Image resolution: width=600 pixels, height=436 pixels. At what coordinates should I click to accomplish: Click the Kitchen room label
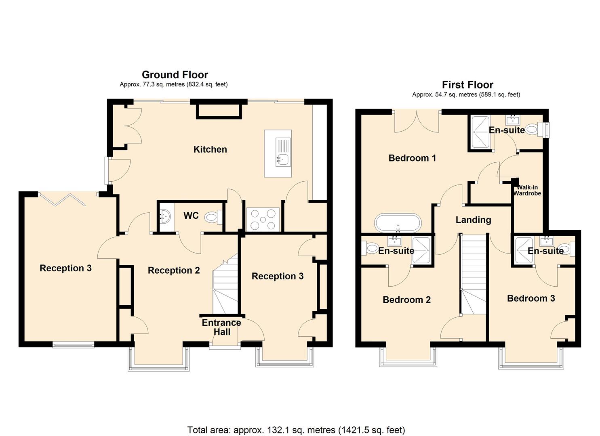tap(210, 149)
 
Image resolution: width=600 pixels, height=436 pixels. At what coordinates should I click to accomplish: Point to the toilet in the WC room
tap(213, 218)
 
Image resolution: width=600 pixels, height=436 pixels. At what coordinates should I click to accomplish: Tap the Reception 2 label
tap(174, 270)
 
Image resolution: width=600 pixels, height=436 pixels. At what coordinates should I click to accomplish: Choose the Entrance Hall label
tap(221, 327)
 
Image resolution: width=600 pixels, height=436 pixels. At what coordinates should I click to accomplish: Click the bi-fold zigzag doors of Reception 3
tap(63, 199)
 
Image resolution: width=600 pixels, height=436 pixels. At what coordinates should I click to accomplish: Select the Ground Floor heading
tap(175, 75)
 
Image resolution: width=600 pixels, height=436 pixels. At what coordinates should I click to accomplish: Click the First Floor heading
tap(467, 85)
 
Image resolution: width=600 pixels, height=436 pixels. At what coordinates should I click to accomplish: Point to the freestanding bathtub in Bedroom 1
tap(398, 223)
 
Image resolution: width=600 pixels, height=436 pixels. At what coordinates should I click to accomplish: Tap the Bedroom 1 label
tap(412, 158)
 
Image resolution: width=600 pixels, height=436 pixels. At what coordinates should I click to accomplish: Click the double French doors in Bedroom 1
tap(417, 122)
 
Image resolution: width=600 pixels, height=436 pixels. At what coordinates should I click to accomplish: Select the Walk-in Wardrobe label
tap(527, 191)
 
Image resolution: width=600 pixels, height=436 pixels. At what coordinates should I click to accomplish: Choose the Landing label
tap(473, 220)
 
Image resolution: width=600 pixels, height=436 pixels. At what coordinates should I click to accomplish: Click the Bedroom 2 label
tap(406, 300)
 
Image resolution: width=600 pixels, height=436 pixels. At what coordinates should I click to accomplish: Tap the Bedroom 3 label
tap(531, 298)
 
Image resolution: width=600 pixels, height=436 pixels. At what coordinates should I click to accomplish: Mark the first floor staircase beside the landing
tap(474, 275)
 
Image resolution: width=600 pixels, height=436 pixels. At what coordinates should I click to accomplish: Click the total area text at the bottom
tap(296, 430)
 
